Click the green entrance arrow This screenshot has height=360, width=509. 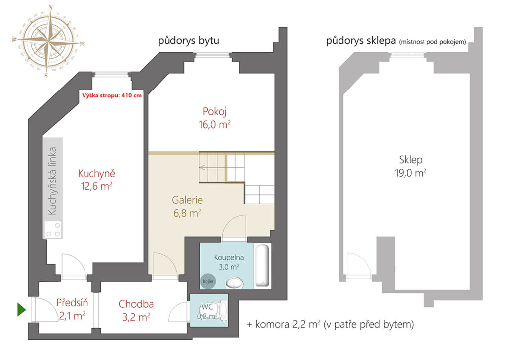[21, 309]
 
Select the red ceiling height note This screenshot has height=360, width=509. [112, 95]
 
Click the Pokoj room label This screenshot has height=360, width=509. [215, 112]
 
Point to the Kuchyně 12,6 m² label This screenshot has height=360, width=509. [96, 180]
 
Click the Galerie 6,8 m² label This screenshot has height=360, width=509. [187, 206]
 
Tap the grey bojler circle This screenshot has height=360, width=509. [208, 281]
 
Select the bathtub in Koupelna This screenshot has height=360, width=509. [262, 266]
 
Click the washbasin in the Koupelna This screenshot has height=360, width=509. [234, 283]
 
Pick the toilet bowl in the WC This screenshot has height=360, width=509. [223, 312]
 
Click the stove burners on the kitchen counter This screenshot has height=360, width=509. [53, 230]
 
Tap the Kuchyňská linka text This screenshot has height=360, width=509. [52, 181]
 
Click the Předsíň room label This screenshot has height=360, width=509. [72, 303]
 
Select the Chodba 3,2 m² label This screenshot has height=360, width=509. [136, 310]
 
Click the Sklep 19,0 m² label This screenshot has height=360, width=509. [410, 166]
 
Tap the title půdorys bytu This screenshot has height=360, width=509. [188, 41]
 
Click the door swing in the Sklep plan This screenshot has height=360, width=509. [359, 265]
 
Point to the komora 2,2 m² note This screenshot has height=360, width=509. [330, 324]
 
